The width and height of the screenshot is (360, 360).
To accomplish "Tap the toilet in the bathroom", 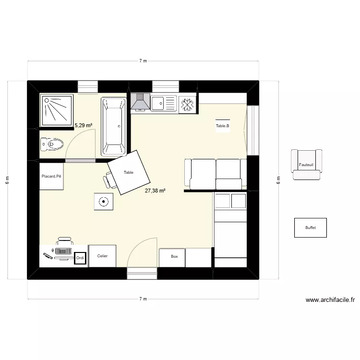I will click(52, 144).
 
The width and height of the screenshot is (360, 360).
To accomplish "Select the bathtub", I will click(113, 126).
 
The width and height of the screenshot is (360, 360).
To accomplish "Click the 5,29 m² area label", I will click(84, 125).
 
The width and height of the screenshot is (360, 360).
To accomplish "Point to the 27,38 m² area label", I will click(155, 191).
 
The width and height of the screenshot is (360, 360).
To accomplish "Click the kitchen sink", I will click(163, 103).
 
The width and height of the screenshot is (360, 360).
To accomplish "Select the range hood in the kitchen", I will click(140, 103).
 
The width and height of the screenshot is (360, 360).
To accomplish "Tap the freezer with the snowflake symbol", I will click(187, 104).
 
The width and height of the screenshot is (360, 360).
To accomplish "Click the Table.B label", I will click(222, 126).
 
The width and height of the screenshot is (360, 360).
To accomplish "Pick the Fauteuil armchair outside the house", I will click(306, 165).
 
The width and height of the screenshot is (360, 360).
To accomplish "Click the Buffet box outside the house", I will click(310, 228).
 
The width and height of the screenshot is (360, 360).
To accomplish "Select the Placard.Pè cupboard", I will click(51, 176).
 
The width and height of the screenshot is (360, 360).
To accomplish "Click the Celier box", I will click(102, 256).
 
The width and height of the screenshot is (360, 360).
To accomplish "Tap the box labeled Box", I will click(174, 257).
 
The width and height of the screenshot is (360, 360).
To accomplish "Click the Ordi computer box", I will click(80, 258).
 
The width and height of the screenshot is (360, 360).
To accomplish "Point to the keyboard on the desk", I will click(63, 251).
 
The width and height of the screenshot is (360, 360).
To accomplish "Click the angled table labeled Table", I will click(129, 172).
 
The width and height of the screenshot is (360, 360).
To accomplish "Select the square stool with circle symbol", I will click(103, 202).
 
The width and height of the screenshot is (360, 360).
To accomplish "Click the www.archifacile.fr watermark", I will click(330, 300).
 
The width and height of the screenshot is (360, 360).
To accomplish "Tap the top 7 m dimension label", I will click(143, 61).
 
